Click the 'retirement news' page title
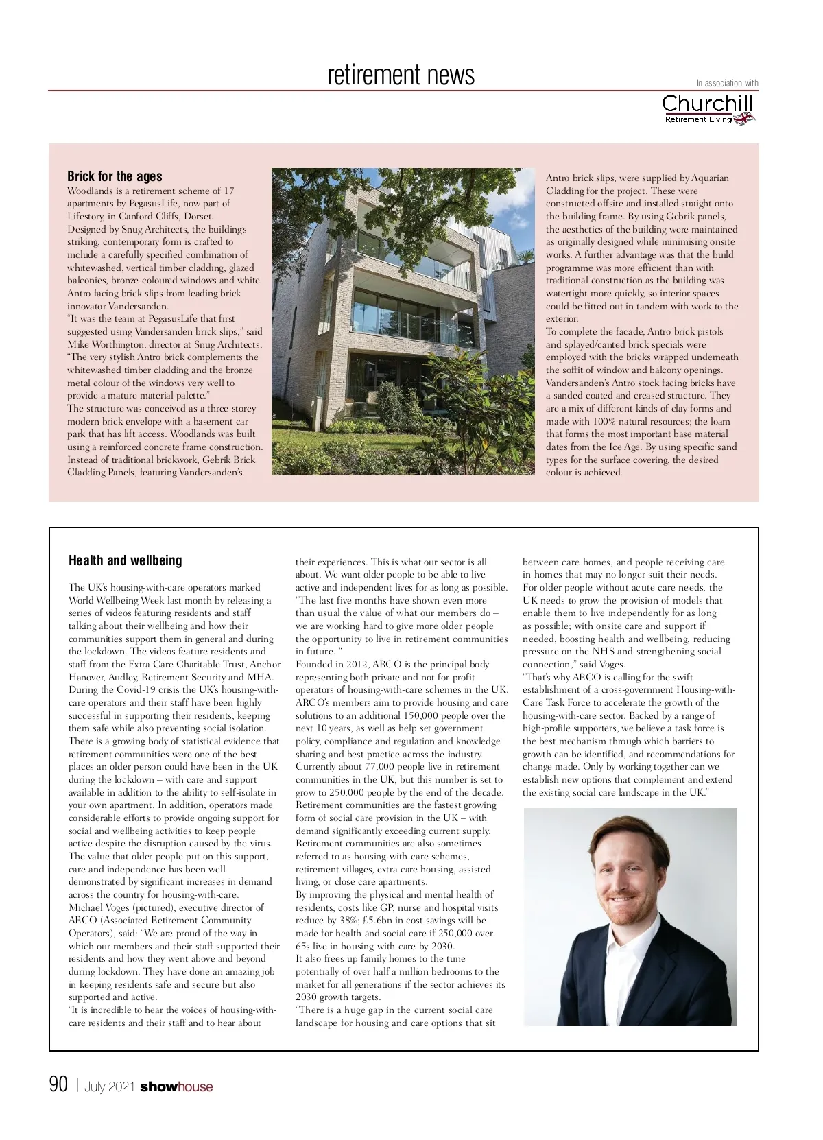pos(401,75)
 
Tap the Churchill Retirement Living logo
pos(708,109)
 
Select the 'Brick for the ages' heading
pos(115,176)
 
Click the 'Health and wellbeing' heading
pos(125,560)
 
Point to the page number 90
pos(59,1084)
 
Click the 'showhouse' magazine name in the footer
pos(176,1086)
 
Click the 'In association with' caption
pos(727,84)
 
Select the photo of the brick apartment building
pos(403,321)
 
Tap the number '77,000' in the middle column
pos(372,767)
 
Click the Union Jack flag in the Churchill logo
pos(744,119)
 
